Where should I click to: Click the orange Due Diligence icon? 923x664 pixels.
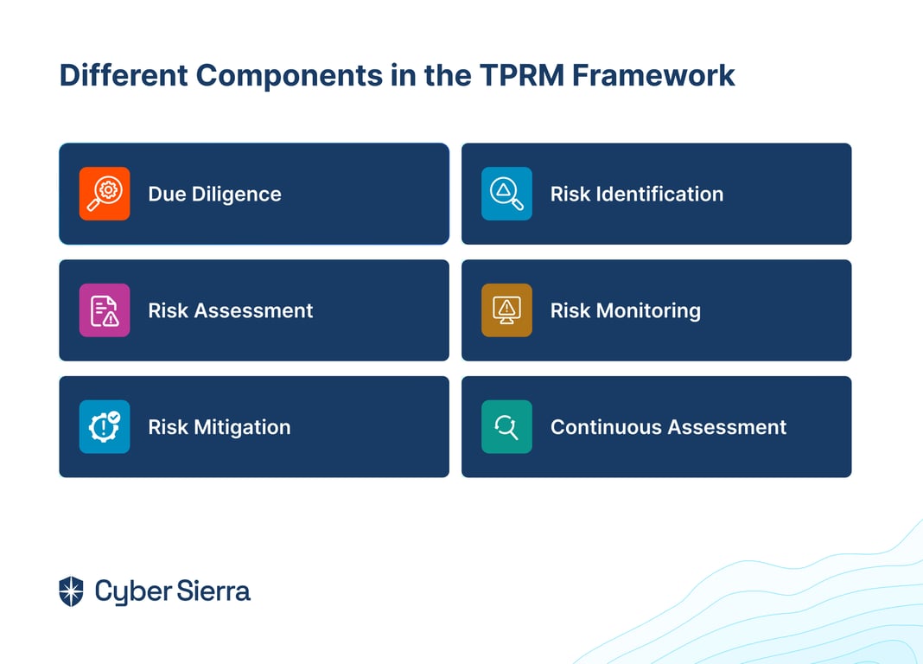(105, 194)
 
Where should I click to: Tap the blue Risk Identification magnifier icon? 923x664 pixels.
(506, 194)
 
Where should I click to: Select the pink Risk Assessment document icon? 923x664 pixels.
(105, 310)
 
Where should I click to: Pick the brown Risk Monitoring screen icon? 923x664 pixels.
(506, 310)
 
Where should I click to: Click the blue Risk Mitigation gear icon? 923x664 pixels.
(105, 427)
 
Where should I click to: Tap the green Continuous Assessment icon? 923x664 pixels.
(506, 427)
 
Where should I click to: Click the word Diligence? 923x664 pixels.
(236, 195)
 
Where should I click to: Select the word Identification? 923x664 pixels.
(660, 194)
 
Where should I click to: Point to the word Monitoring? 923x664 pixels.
(649, 311)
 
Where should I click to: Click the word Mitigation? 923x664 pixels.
(242, 428)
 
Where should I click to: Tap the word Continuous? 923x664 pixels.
(606, 427)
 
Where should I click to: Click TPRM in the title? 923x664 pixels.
(522, 75)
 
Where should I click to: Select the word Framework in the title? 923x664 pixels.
(653, 75)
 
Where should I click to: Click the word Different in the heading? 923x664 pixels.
(124, 75)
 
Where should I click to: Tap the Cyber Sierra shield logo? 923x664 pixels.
(71, 591)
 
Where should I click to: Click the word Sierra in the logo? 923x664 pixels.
(213, 591)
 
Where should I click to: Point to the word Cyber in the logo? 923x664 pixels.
(133, 592)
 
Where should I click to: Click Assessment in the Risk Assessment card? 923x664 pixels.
(254, 310)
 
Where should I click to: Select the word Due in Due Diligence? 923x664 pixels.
(167, 194)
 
